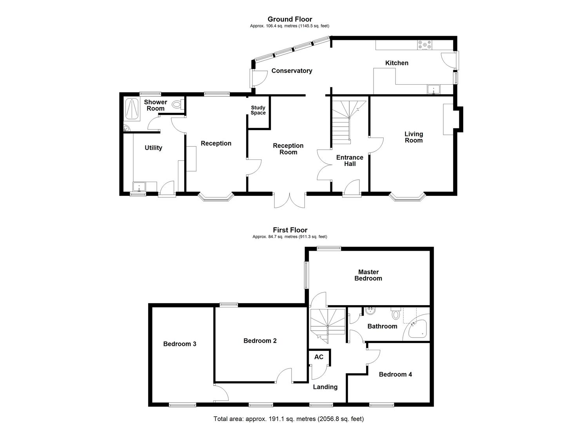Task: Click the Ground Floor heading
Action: pos(290,19)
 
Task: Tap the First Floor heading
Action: pos(290,230)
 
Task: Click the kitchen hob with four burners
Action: pos(424,45)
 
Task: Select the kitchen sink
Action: pos(434,90)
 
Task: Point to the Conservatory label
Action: pos(292,71)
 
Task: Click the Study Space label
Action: pos(258,110)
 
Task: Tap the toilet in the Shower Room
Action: pos(178,104)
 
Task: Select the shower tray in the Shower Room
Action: pos(132,109)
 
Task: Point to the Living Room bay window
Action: pos(407,197)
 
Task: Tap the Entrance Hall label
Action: pos(350,161)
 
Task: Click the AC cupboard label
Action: pos(319,357)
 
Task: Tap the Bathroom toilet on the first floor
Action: pos(396,314)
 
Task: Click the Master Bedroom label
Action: pos(368,275)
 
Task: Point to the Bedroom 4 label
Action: pos(395,374)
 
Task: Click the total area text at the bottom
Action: pos(291,419)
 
